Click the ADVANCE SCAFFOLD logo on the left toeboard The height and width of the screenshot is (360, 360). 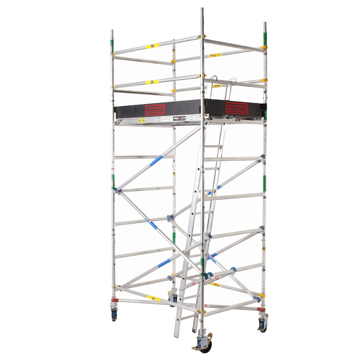pos(155,109)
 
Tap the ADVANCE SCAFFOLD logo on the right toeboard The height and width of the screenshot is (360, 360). pos(237,108)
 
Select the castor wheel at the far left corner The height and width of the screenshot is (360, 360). pos(114,315)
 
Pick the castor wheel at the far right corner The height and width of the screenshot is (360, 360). pos(263,325)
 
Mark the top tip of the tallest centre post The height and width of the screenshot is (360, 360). pos(202,9)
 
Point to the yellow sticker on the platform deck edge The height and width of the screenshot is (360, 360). pos(141,120)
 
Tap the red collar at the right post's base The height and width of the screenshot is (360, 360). pos(261,310)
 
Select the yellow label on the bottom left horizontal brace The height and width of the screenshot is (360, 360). pos(153,298)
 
